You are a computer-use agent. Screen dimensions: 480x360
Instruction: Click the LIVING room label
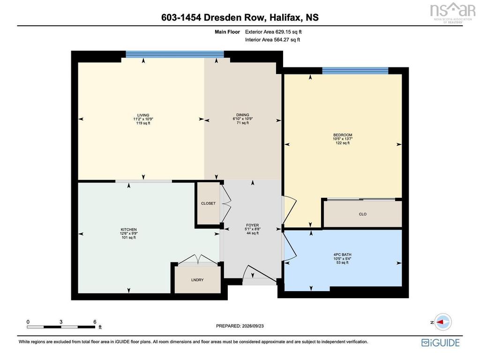[143, 115]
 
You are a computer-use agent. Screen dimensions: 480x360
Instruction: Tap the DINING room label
[243, 115]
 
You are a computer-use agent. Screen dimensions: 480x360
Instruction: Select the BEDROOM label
[343, 135]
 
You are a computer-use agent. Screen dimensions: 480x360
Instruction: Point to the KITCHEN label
[128, 230]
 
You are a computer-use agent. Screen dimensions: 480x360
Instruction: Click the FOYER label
[253, 225]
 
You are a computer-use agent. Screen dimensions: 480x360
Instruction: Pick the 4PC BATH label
[342, 255]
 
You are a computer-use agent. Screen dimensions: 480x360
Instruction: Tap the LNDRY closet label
[197, 280]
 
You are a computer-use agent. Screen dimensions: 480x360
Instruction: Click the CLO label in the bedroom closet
[363, 214]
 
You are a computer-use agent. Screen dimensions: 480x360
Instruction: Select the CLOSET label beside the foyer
[208, 203]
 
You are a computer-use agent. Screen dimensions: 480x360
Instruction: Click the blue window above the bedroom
[355, 71]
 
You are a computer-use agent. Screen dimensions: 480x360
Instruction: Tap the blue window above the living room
[175, 54]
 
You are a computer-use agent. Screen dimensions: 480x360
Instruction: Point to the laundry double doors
[197, 259]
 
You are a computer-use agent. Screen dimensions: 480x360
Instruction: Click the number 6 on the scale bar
[95, 322]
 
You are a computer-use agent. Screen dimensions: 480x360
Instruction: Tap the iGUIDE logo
[440, 343]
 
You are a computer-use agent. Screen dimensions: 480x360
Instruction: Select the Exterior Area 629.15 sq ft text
[273, 31]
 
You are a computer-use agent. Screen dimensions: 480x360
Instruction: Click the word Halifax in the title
[285, 17]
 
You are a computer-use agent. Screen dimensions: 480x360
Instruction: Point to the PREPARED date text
[240, 326]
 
